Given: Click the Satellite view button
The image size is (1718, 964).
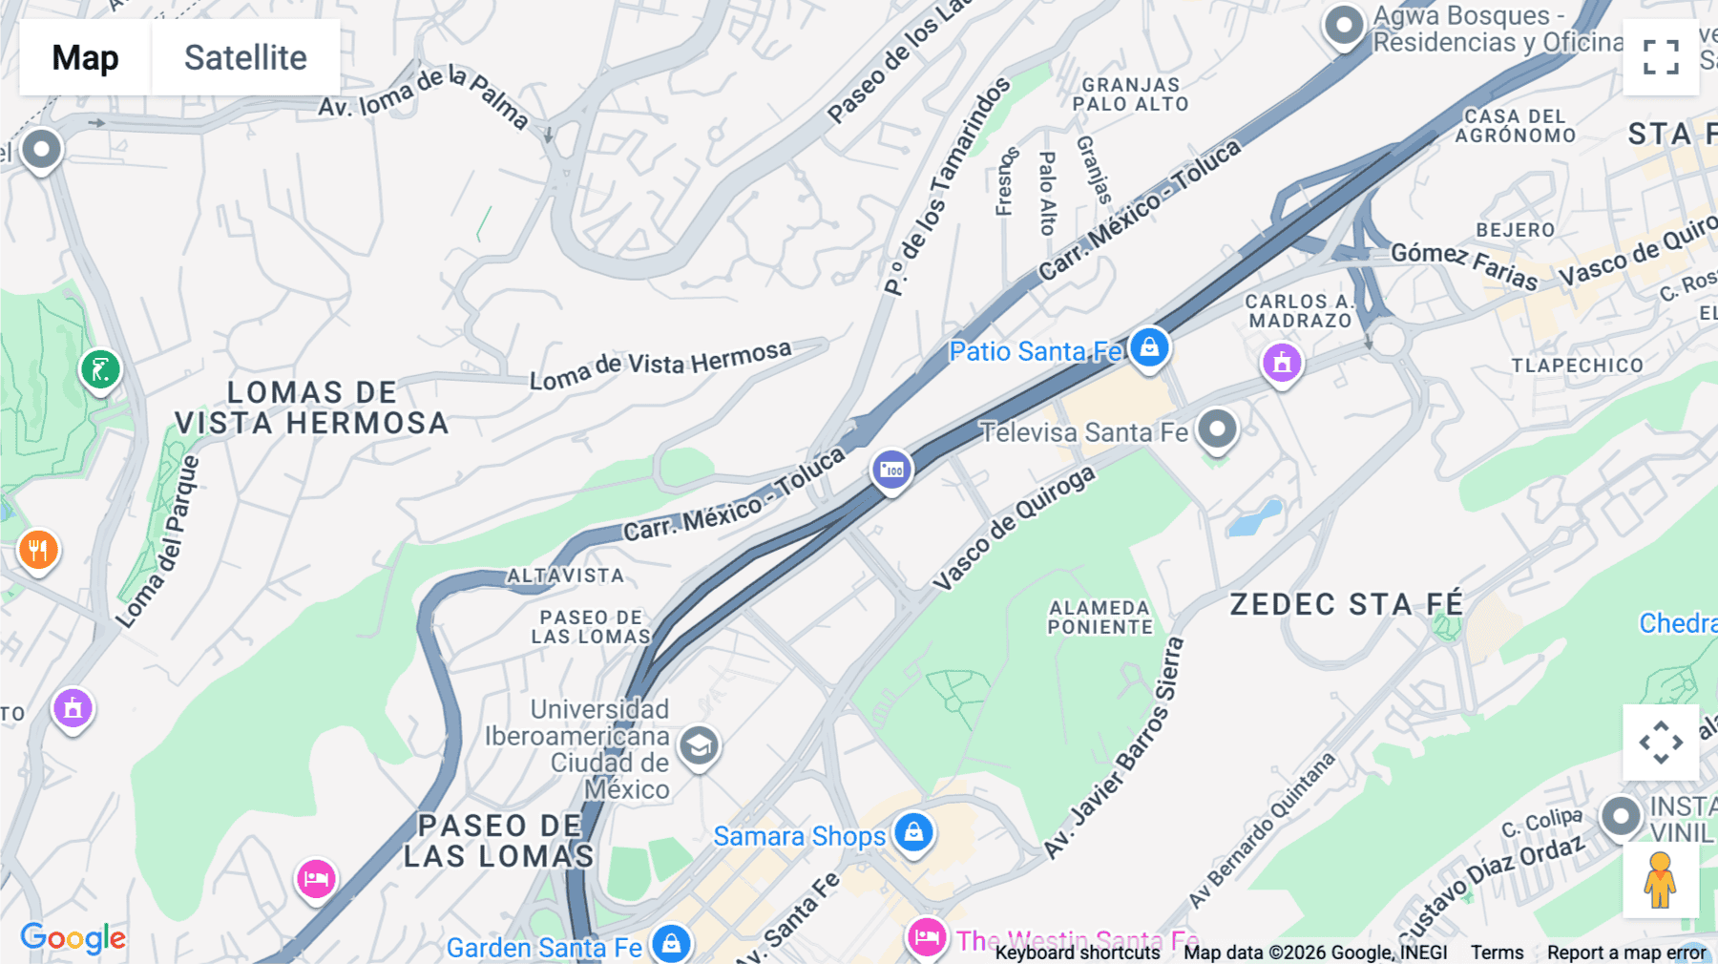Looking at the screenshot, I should [x=245, y=57].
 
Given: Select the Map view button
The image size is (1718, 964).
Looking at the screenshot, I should [x=85, y=57].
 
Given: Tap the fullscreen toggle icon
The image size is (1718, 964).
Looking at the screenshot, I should [x=1661, y=57].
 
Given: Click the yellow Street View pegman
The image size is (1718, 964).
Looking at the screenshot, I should [x=1660, y=880].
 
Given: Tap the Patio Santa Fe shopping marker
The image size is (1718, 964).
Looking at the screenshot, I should [x=1149, y=346].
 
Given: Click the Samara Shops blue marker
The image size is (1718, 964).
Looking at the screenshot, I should [x=913, y=832].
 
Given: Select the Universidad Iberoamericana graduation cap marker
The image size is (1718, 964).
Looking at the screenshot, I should [x=699, y=745].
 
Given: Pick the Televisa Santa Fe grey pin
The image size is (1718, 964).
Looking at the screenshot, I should [x=1217, y=429].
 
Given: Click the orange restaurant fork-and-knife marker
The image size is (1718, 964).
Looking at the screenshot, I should [x=38, y=550].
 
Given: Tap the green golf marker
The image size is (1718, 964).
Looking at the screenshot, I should [x=100, y=369].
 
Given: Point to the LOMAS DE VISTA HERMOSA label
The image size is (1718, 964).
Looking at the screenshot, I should [x=311, y=408].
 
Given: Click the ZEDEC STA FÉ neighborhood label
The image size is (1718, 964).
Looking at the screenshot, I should [x=1346, y=604].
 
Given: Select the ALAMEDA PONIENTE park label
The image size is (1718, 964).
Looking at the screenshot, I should [x=1100, y=618].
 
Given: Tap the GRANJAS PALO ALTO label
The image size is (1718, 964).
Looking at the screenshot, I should [x=1131, y=94].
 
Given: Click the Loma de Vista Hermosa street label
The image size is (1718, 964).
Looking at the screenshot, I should [x=660, y=366].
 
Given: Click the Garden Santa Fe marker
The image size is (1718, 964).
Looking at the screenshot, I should [x=671, y=944].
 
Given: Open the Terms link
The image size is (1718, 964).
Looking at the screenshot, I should [x=1497, y=953].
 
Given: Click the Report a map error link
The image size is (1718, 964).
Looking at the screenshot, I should [x=1626, y=953].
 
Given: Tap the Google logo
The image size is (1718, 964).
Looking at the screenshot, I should [x=73, y=937].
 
